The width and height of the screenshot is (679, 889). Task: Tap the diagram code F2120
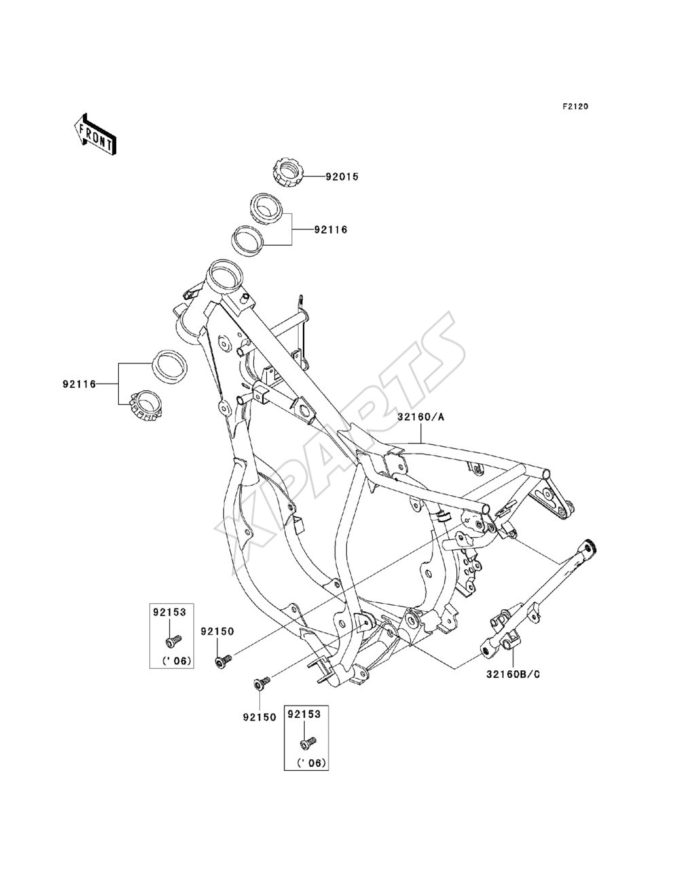(575, 107)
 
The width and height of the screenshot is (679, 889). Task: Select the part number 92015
(342, 177)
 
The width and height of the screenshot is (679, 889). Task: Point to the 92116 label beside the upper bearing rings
(331, 230)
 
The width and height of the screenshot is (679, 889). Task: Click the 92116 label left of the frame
(79, 384)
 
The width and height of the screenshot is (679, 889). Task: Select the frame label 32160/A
(421, 417)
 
